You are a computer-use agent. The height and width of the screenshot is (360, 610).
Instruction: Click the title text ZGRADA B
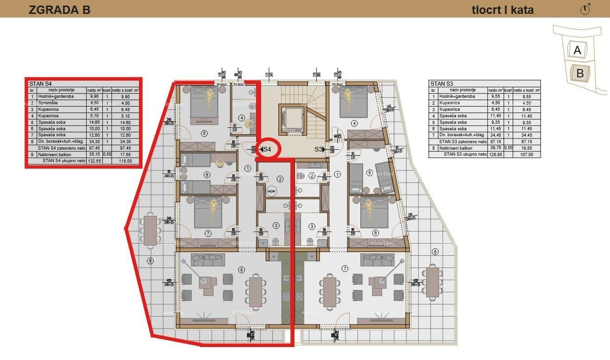pos(59,10)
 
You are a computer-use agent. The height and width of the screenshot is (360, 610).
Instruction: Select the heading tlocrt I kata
pos(503,10)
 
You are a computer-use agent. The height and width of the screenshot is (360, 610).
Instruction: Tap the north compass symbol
pos(585,9)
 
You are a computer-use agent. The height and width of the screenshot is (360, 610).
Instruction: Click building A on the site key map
pos(577,50)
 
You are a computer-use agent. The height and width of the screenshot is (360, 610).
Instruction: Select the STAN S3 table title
pos(441,84)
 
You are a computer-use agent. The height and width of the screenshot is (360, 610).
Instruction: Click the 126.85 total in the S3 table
pos(495,155)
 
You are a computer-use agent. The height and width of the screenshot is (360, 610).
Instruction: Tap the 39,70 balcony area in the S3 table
pos(495,148)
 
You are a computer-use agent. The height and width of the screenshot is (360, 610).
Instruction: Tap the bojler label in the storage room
pos(272,191)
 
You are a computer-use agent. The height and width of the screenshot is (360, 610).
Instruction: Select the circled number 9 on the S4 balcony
pos(150,261)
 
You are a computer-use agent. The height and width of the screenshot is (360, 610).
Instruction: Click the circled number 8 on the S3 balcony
pos(434,252)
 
